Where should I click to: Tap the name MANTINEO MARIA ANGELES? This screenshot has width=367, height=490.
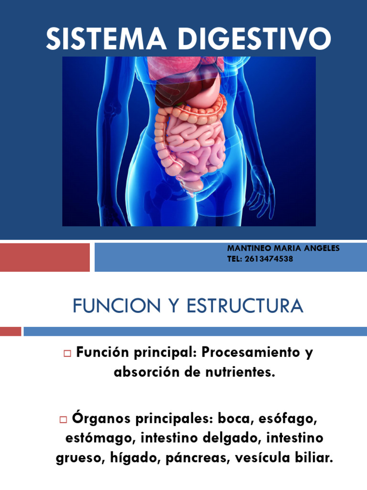tap(283, 248)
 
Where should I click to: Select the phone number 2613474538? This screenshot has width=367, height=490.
tap(271, 259)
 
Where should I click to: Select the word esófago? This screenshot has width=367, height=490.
tap(288, 419)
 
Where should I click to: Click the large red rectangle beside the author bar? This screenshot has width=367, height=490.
tap(44, 257)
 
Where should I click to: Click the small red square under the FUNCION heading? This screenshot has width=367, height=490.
tap(10, 331)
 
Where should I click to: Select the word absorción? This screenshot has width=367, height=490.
tap(140, 372)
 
